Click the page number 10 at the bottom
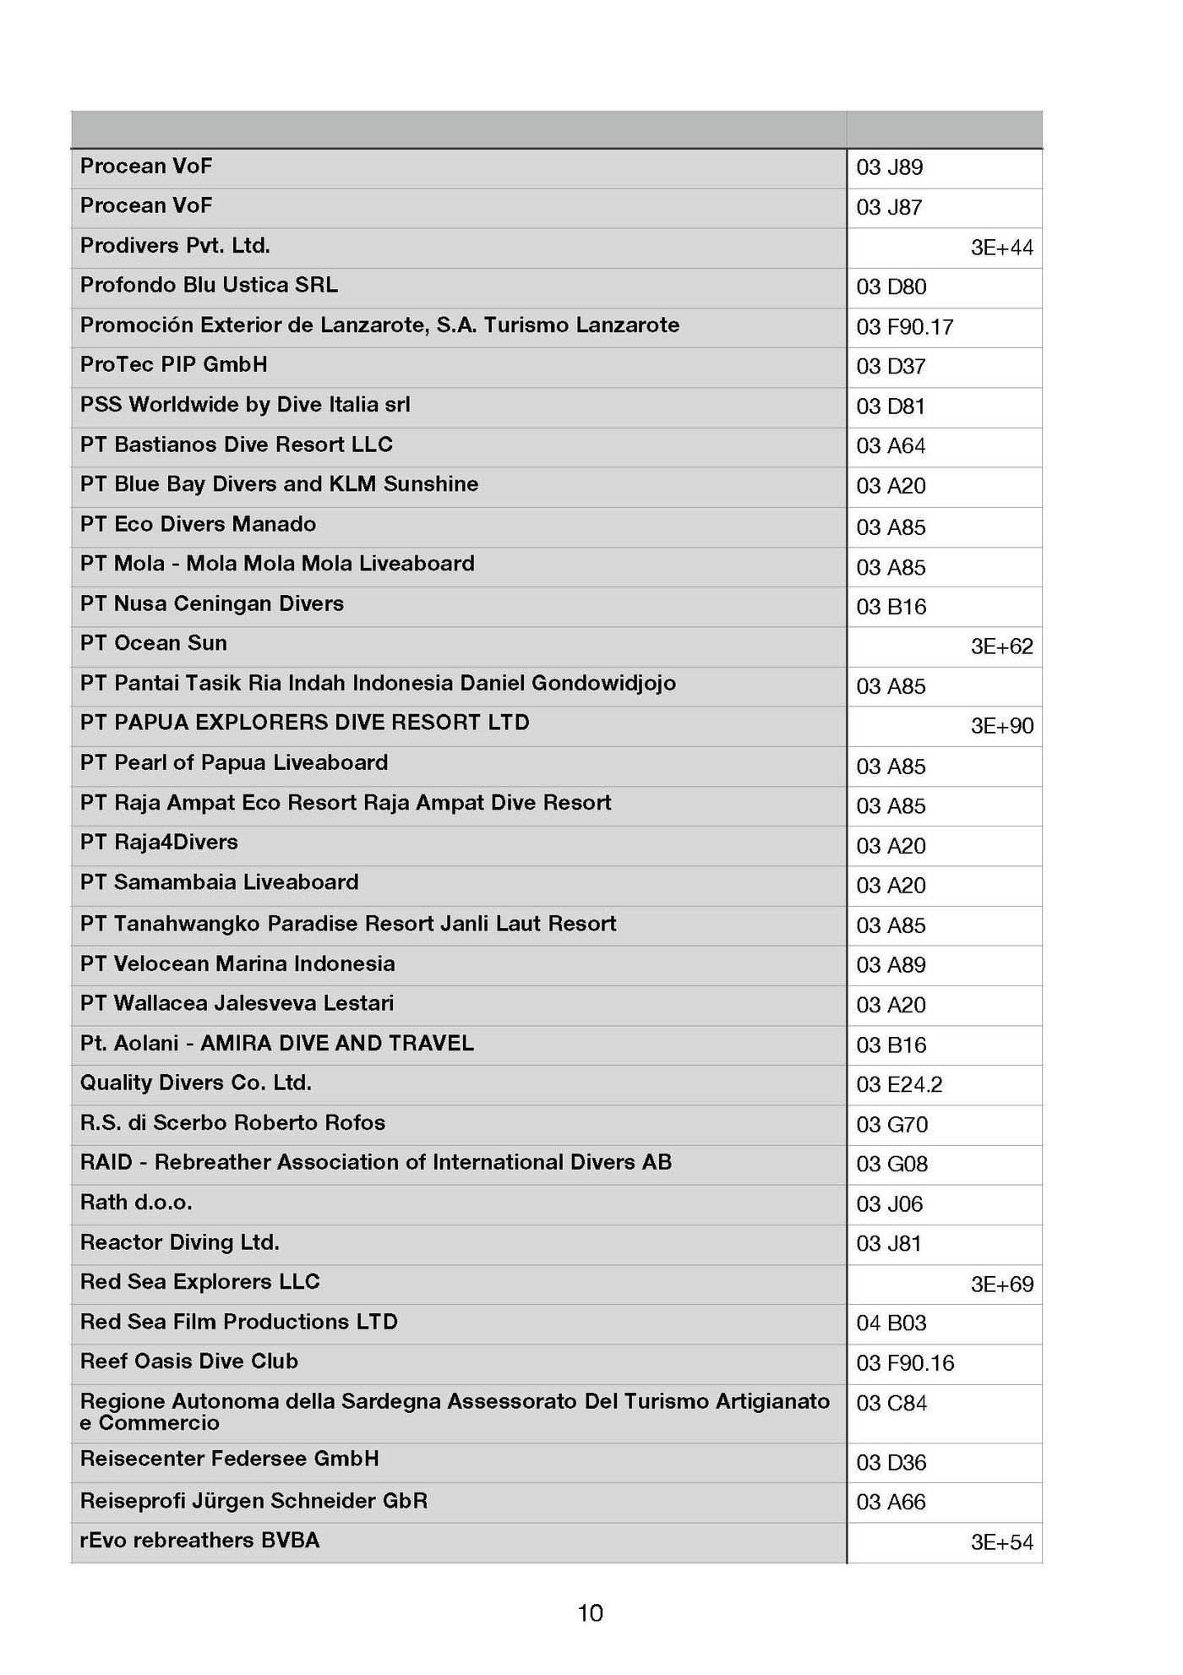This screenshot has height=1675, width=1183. [x=590, y=1613]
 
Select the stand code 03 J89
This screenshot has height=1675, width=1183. [x=889, y=167]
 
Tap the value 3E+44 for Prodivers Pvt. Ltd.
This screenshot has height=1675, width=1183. [x=1001, y=248]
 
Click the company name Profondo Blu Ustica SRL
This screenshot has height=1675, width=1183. [x=209, y=285]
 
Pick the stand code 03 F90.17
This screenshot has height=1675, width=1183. [x=904, y=327]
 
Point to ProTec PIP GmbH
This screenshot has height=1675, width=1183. [x=173, y=364]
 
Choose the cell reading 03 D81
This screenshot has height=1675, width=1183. [x=891, y=406]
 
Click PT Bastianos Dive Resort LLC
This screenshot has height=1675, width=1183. [x=236, y=445]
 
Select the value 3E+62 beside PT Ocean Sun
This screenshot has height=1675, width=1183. [x=1001, y=647]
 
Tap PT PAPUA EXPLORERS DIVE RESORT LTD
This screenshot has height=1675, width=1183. [x=304, y=723]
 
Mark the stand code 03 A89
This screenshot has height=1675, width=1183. [x=891, y=965]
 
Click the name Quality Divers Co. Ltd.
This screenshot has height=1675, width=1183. [x=196, y=1083]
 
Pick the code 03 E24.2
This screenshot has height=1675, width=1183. [x=899, y=1084]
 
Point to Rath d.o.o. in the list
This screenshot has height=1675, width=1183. [x=136, y=1202]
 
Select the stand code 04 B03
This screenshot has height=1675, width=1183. [x=891, y=1323]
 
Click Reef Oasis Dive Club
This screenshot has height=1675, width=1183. [x=188, y=1361]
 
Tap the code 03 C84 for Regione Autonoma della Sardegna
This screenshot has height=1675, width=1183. [x=891, y=1403]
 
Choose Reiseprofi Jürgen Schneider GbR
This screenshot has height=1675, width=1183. [x=253, y=1501]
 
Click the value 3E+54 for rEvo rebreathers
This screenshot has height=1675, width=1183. [x=1001, y=1542]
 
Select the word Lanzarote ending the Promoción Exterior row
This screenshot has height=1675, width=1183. [x=627, y=325]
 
